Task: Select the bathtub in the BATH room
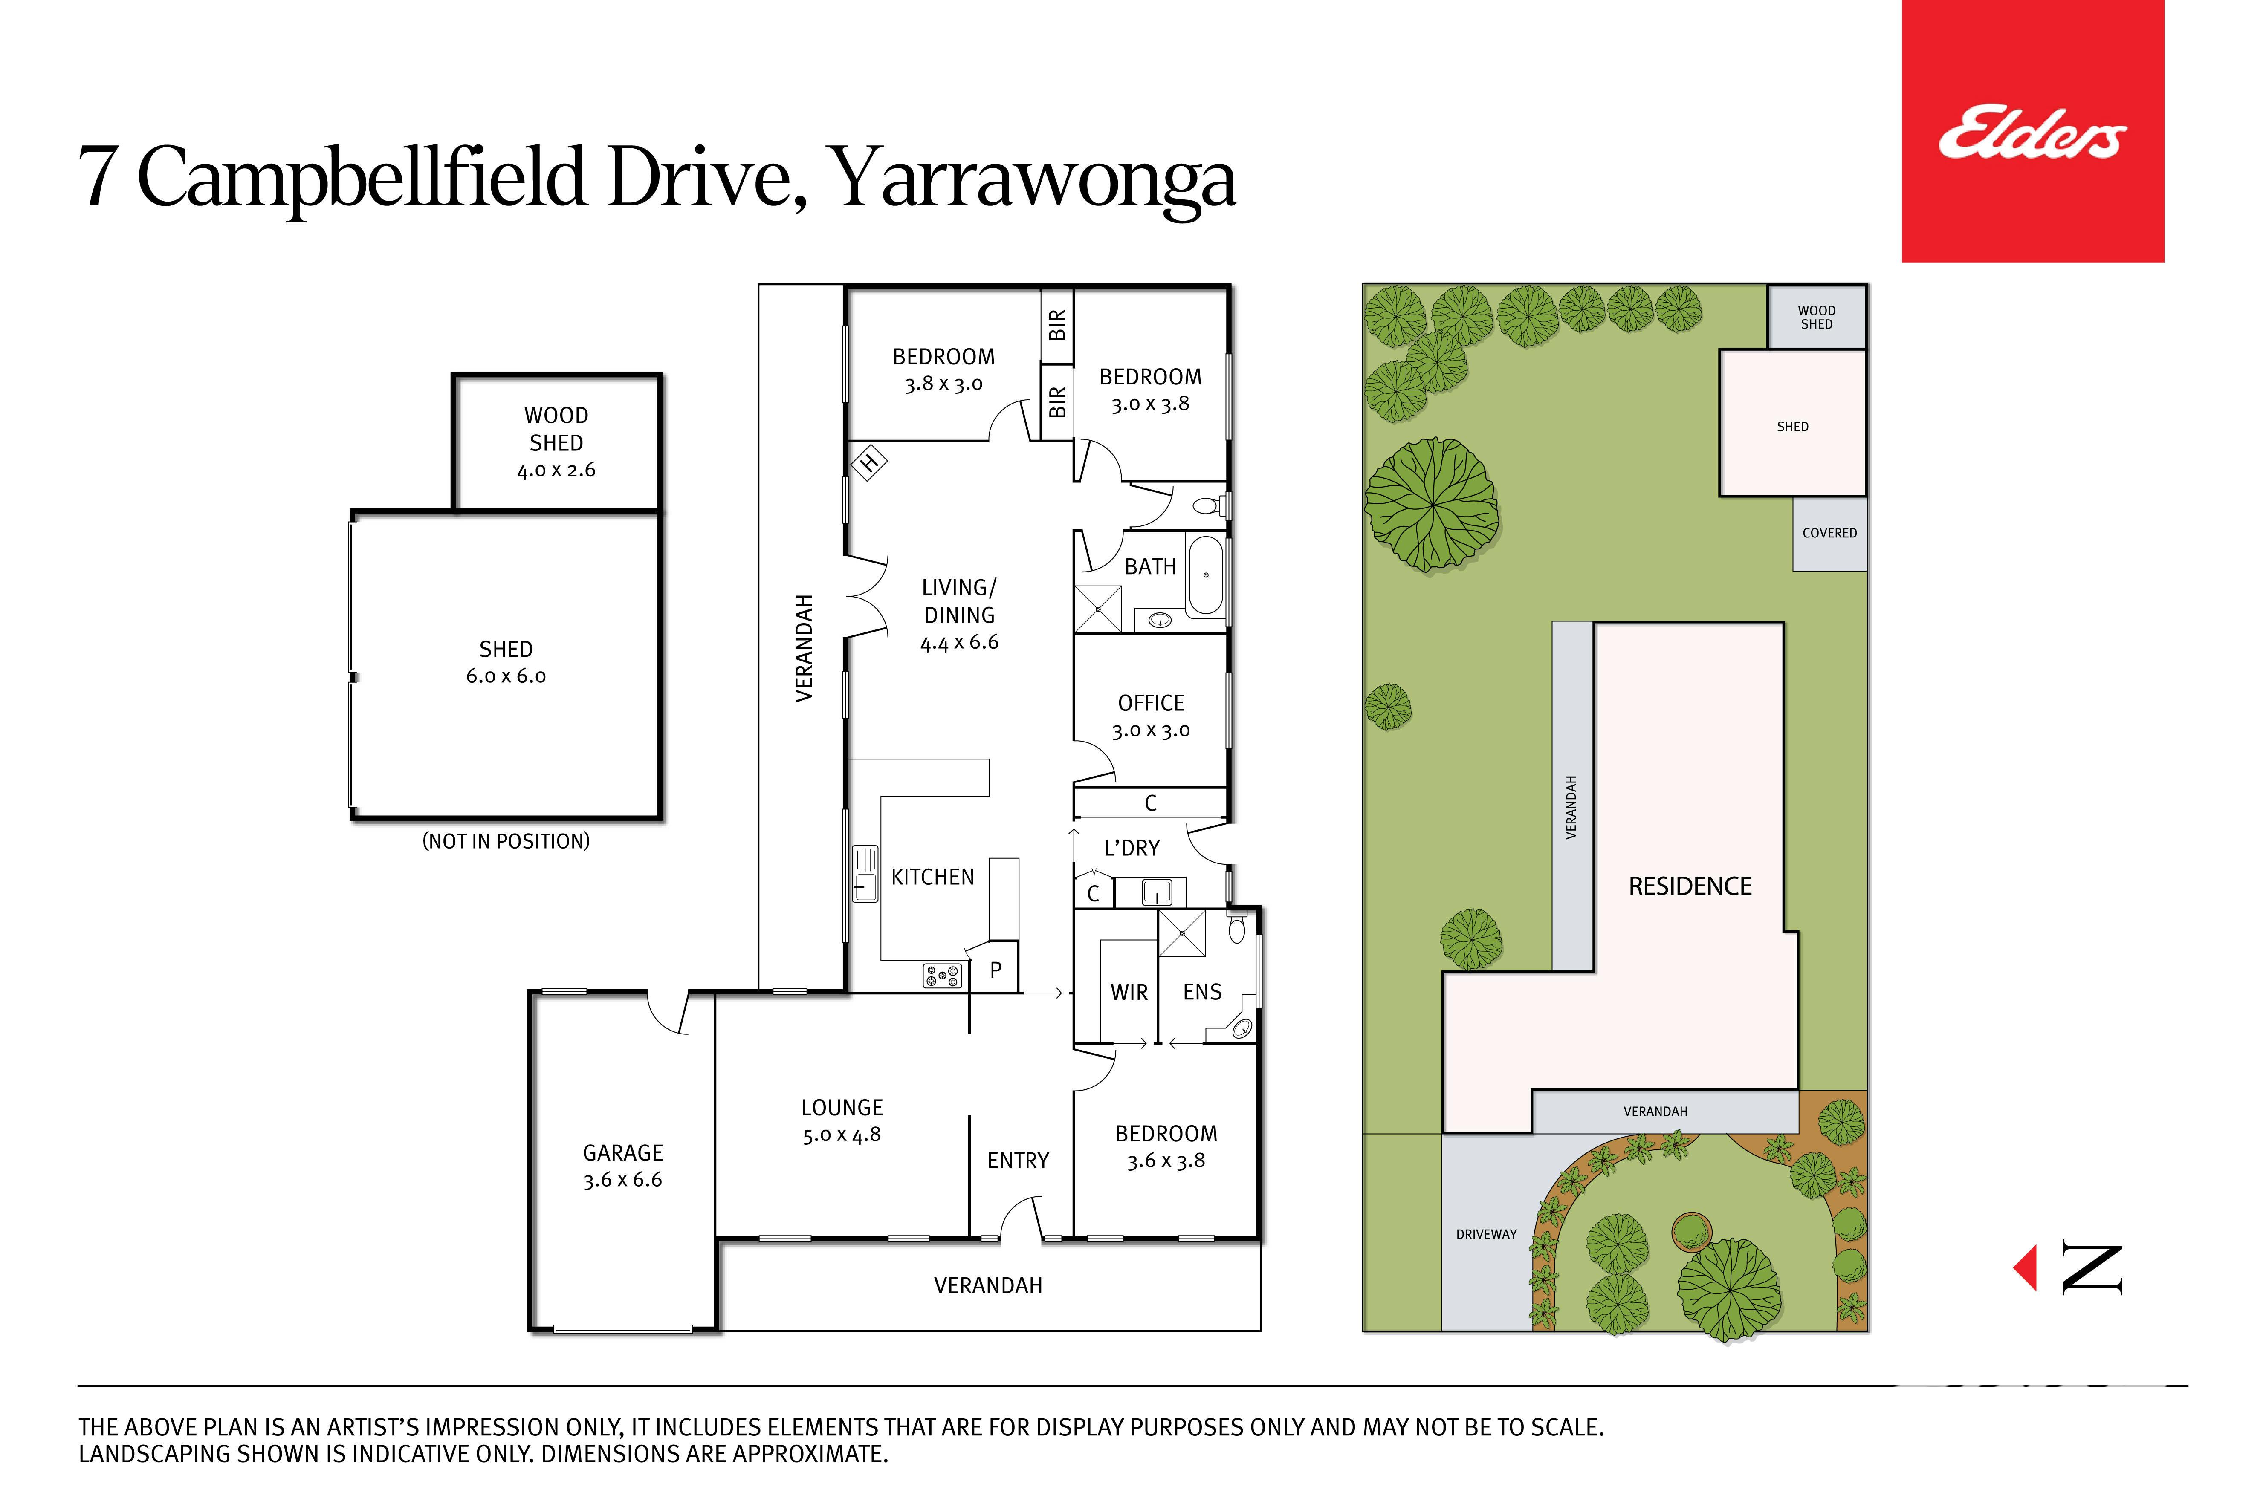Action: coord(1204,576)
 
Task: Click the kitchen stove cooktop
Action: coord(941,976)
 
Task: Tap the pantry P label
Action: coord(996,970)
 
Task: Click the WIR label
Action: coord(1129,992)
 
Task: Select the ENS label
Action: coord(1202,992)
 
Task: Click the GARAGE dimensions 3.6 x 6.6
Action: coord(622,1180)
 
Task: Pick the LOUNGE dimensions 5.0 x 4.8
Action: coord(842,1135)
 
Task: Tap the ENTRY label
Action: coord(1019,1161)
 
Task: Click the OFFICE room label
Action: coord(1151,703)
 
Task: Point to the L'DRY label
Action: coord(1132,847)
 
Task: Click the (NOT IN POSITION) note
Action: coord(506,841)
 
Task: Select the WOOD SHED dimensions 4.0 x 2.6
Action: coord(556,470)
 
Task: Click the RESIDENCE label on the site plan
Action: coord(1690,886)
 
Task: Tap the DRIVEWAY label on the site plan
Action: coord(1487,1234)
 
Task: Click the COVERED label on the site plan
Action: coord(1829,533)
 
